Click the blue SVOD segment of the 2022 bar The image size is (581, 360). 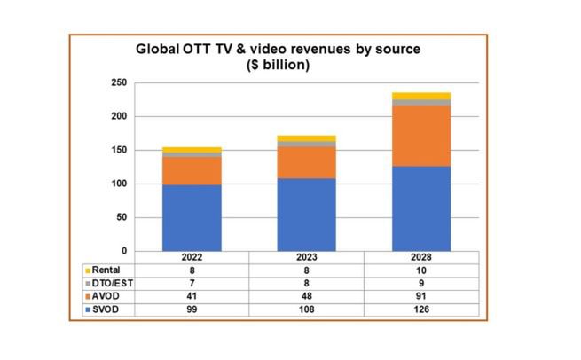pos(192,217)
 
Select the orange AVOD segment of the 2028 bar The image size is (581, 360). pos(421,136)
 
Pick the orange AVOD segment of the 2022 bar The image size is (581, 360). pos(192,170)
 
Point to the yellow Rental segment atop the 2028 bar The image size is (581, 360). pos(421,96)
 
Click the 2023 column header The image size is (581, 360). pos(306,257)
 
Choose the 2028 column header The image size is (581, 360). pos(421,257)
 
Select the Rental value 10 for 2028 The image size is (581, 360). pos(421,270)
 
